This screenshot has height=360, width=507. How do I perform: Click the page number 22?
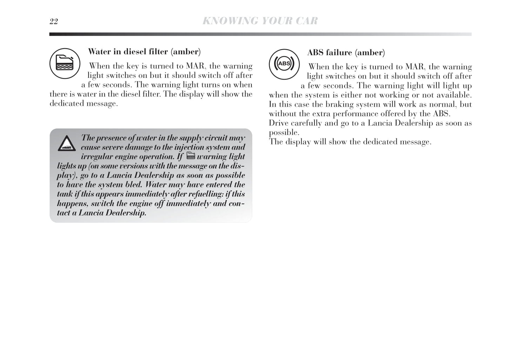pyautogui.click(x=54, y=22)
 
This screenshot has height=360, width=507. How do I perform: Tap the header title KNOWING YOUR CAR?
pyautogui.click(x=260, y=21)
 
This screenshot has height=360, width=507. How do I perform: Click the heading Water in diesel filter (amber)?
pyautogui.click(x=144, y=52)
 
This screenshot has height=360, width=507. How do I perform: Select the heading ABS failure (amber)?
pyautogui.click(x=346, y=53)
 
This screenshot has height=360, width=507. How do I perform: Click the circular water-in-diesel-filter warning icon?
pyautogui.click(x=65, y=64)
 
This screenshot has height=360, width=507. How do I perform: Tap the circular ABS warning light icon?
pyautogui.click(x=284, y=64)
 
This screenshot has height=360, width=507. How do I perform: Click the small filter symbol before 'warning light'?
pyautogui.click(x=191, y=156)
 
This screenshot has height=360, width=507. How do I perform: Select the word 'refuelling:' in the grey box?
pyautogui.click(x=205, y=194)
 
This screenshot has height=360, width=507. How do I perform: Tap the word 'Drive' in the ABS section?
pyautogui.click(x=279, y=123)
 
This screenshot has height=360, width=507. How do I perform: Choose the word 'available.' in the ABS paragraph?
pyautogui.click(x=454, y=95)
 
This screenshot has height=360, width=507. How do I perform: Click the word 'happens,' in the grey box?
pyautogui.click(x=72, y=204)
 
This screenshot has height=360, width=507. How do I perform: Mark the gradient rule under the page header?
pyautogui.click(x=260, y=34)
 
